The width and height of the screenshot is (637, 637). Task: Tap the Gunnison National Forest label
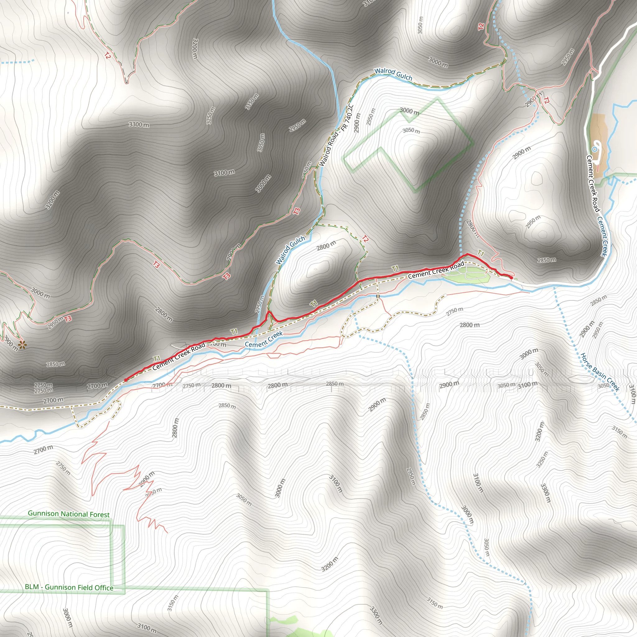pos(68,514)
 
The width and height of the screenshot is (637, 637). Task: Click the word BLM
pos(32,587)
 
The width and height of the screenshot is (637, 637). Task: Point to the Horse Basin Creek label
pos(600,372)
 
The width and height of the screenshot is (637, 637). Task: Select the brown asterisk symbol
pos(22,345)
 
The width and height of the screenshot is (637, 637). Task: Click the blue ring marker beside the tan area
pos(594,149)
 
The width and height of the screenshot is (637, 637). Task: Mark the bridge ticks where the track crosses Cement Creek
pos(378,296)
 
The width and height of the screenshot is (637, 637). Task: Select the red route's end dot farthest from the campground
pos(126,380)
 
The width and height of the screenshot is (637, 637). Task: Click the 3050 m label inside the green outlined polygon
pos(411,131)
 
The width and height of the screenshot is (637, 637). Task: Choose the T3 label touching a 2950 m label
pos(68,318)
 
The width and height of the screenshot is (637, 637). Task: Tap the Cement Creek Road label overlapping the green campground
pos(436,270)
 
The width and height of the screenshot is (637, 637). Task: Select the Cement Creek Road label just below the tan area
pos(592,185)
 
